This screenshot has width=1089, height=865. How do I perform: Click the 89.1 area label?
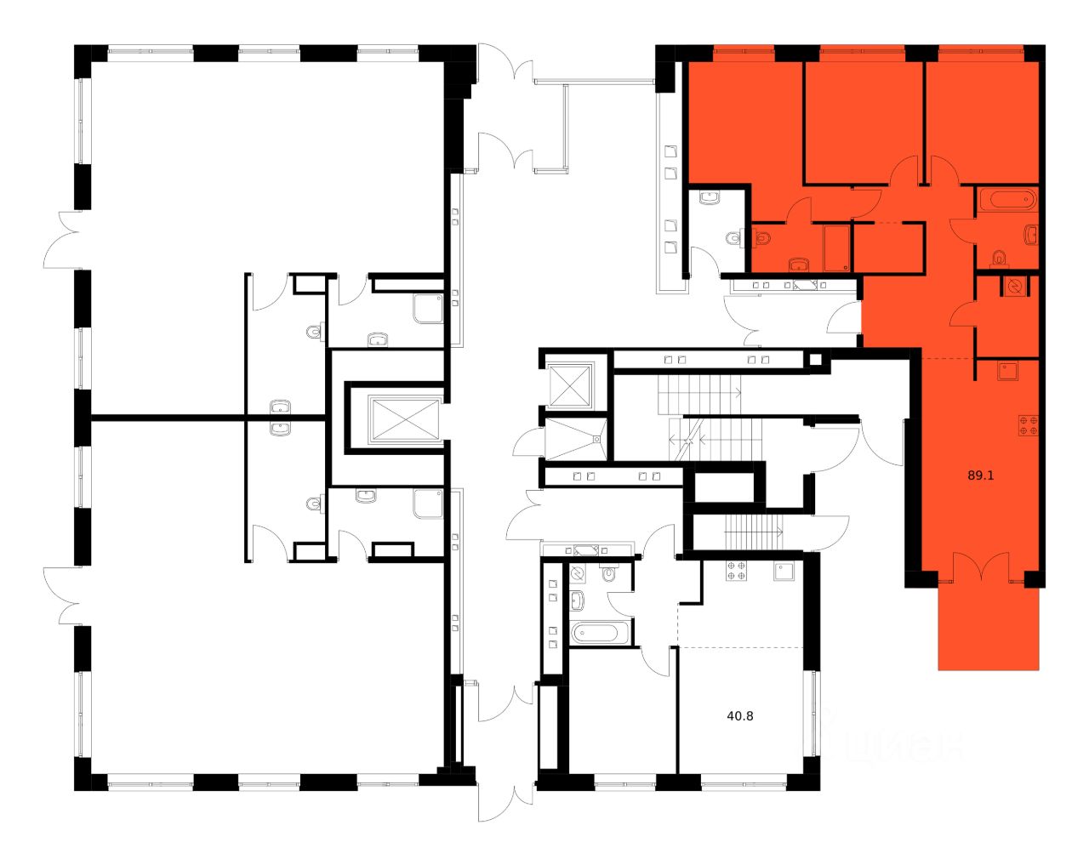pyautogui.click(x=981, y=476)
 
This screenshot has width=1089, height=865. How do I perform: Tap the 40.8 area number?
pyautogui.click(x=740, y=716)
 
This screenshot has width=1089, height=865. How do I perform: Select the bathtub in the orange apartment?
pyautogui.click(x=1006, y=201)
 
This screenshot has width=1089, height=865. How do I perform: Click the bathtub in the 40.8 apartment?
pyautogui.click(x=600, y=633)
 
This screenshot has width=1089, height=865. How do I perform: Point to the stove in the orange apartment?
pyautogui.click(x=1028, y=424)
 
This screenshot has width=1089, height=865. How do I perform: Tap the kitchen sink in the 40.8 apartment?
pyautogui.click(x=784, y=572)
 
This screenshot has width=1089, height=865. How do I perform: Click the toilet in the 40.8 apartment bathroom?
pyautogui.click(x=607, y=575)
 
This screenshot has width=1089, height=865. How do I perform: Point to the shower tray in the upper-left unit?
pyautogui.click(x=427, y=310)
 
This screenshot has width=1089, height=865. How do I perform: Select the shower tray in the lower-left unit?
pyautogui.click(x=427, y=503)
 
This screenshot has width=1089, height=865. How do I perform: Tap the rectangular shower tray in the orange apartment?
pyautogui.click(x=837, y=248)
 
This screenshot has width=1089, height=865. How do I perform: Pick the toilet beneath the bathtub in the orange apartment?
pyautogui.click(x=1000, y=256)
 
